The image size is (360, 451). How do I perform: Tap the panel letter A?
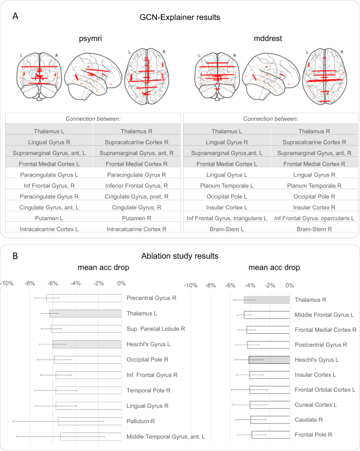click(x=16, y=16)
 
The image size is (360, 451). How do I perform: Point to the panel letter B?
click(x=16, y=257)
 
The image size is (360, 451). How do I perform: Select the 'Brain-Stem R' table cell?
click(x=314, y=229)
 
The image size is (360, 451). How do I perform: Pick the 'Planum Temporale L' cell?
click(x=227, y=185)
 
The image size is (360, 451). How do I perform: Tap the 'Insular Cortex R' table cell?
click(x=314, y=207)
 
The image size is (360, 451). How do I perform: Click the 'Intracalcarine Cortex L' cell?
click(x=49, y=229)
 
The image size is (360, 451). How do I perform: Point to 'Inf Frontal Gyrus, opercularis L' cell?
click(x=314, y=218)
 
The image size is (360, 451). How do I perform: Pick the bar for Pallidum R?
click(x=89, y=421)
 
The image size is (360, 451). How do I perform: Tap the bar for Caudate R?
click(x=270, y=419)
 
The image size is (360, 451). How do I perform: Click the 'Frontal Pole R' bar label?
click(x=313, y=435)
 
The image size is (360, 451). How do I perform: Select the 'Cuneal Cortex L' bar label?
click(x=316, y=405)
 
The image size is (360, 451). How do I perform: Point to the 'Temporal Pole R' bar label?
click(x=148, y=391)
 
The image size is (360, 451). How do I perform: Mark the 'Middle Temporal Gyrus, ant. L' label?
click(x=166, y=436)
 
